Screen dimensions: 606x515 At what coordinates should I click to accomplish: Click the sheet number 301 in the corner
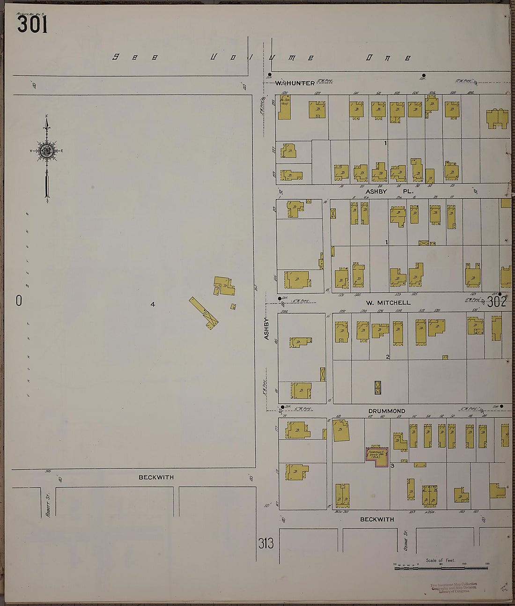(x=32, y=24)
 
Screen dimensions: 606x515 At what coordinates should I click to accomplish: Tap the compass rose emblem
(x=46, y=150)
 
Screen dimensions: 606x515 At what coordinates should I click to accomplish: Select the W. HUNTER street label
(x=295, y=83)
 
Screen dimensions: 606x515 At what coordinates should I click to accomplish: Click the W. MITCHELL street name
(x=388, y=303)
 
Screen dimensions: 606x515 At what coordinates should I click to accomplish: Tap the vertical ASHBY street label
(x=267, y=328)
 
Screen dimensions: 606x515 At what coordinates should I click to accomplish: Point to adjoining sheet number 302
(x=496, y=302)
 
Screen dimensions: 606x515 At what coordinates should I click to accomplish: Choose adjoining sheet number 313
(x=266, y=543)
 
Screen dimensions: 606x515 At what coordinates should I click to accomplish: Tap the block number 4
(x=153, y=305)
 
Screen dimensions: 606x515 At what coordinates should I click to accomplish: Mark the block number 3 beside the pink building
(x=392, y=466)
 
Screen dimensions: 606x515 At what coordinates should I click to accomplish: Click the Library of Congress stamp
(x=454, y=588)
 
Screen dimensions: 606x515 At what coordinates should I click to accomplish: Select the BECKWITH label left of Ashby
(x=156, y=477)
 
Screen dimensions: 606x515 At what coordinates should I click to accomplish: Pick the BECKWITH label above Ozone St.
(x=377, y=519)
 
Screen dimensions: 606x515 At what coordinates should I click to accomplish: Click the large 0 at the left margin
(x=19, y=301)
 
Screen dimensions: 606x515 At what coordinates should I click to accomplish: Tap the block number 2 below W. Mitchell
(x=388, y=357)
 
